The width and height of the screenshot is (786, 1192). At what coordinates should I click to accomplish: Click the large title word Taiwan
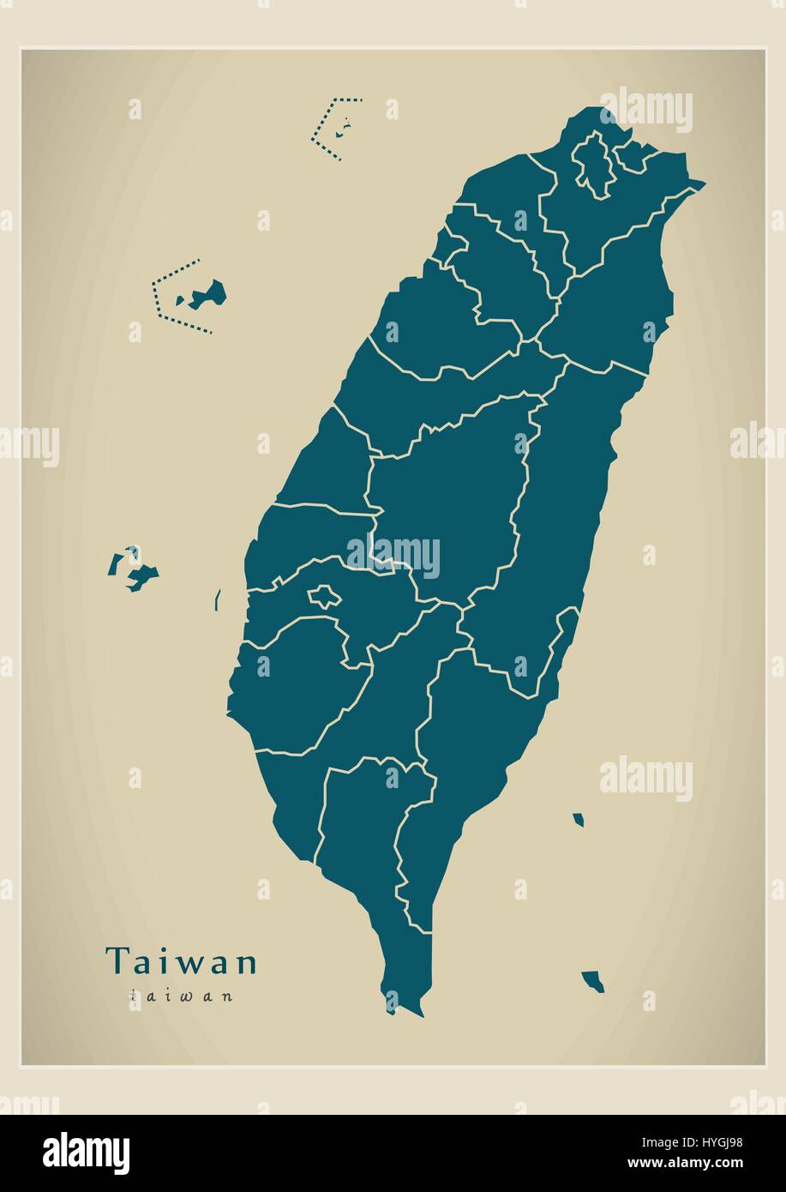[x=181, y=961]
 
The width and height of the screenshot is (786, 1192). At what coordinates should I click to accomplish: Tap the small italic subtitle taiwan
[x=181, y=996]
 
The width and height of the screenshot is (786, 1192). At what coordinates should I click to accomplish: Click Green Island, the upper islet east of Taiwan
[x=579, y=820]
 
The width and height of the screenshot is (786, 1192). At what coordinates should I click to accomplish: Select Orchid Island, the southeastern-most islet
[x=592, y=980]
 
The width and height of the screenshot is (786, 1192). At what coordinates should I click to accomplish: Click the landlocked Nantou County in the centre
[x=446, y=497]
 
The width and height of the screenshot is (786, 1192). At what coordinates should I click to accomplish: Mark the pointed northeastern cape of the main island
[x=704, y=183]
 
